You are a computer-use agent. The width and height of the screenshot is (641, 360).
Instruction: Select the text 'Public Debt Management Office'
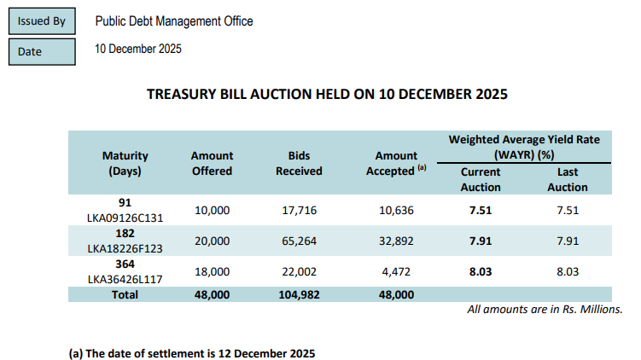[173, 21]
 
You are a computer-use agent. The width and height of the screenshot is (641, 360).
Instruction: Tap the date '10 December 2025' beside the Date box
[138, 49]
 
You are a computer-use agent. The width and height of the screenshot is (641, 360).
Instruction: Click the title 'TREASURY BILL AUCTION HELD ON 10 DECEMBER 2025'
[328, 94]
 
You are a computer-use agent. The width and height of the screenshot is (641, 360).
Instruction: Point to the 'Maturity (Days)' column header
[125, 163]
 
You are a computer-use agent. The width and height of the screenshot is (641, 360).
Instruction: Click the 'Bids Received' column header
[298, 163]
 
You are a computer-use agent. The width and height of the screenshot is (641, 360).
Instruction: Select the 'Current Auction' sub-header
[481, 179]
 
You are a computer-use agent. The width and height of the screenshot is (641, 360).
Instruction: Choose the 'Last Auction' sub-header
[568, 179]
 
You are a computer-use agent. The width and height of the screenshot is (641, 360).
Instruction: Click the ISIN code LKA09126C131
[125, 218]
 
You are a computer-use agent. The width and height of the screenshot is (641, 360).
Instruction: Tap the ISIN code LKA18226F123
[125, 247]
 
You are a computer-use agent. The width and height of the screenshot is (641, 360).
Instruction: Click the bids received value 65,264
[298, 241]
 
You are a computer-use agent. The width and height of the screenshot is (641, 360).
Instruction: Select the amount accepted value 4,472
[395, 271]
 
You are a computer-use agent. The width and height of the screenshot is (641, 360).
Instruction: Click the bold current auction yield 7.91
[481, 241]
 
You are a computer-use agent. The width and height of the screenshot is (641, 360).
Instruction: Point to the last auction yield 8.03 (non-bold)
[568, 271]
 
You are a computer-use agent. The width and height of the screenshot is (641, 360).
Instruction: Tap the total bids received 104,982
[298, 293]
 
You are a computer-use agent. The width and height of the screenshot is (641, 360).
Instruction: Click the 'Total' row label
[125, 293]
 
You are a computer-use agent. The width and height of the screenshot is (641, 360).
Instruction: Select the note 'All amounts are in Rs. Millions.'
[545, 309]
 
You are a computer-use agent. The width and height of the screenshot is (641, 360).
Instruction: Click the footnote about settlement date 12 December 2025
[192, 352]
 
